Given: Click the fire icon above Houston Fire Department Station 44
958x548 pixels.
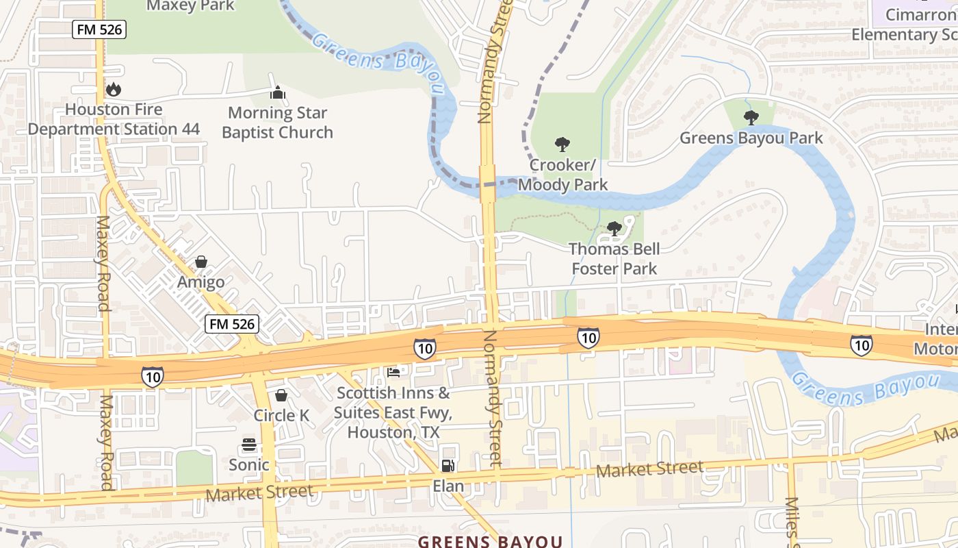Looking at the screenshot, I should tap(114, 89).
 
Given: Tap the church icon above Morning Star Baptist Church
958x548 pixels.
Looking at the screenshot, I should tap(278, 92).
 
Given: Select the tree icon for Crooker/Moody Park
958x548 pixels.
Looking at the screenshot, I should tap(562, 145).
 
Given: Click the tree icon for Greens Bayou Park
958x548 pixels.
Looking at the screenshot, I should tap(751, 118).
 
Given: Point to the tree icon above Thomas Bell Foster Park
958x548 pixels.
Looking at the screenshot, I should tap(614, 229).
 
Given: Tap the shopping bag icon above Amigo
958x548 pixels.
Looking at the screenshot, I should tap(201, 262).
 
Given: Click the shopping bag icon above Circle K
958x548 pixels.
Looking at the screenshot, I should tap(281, 395).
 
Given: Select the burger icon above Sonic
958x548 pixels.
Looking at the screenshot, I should tap(249, 445).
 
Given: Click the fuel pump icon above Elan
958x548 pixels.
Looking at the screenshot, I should tap(448, 466).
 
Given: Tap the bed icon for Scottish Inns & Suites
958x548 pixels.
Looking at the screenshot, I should tap(393, 373).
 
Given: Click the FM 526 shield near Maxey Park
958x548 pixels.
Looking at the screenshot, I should tap(99, 29).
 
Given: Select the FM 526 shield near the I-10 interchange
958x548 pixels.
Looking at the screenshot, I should tap(232, 324).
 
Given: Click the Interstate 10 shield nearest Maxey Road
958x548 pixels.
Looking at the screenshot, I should tap(153, 376).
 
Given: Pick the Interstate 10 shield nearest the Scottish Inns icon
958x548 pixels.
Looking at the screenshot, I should tap(424, 348).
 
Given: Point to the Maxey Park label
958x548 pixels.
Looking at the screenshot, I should tap(191, 6).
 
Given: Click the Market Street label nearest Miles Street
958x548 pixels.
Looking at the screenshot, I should tap(649, 470).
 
